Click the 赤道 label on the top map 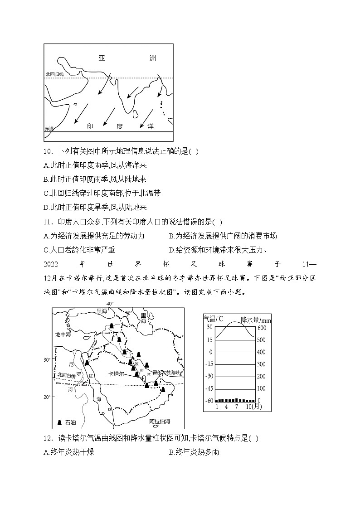(x=49, y=129)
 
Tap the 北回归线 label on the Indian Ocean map (x=54, y=74)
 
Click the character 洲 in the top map (x=152, y=58)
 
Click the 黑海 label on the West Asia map (x=102, y=311)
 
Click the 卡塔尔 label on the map (x=117, y=374)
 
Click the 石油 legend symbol (x=59, y=422)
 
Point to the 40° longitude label (x=110, y=303)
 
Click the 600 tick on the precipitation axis (x=263, y=328)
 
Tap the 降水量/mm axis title (x=256, y=319)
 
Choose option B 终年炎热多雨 (x=194, y=452)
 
